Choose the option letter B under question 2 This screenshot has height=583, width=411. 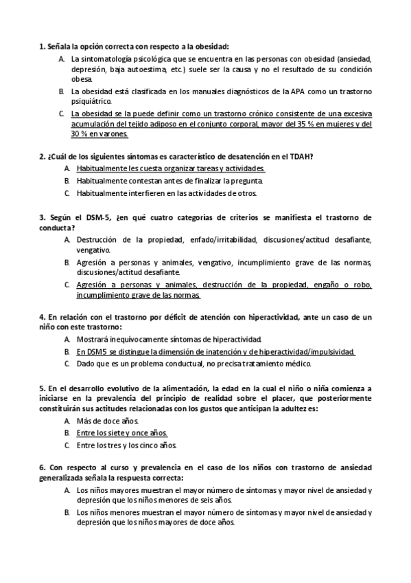pos(67,180)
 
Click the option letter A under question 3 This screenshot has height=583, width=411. pos(67,239)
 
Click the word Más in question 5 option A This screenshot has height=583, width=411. pos(84,421)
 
